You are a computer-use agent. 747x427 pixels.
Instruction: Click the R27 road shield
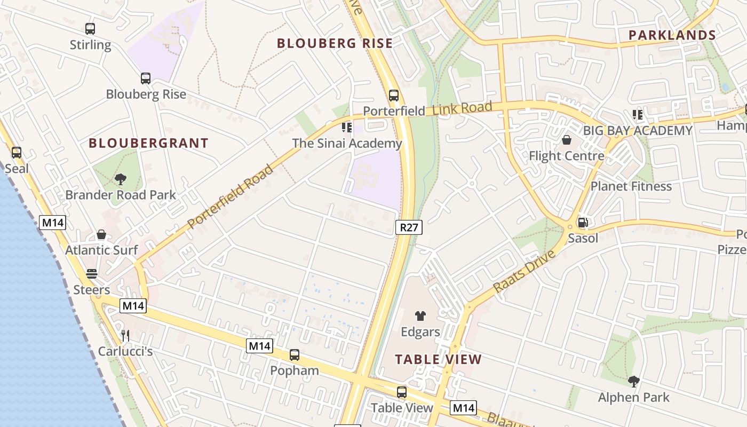(x=409, y=227)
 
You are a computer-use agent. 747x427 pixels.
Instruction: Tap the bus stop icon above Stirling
(x=90, y=29)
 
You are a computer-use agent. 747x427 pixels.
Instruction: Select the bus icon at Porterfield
(x=394, y=96)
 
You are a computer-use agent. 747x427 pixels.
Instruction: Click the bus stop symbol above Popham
(x=294, y=355)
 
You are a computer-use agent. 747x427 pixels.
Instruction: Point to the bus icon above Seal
(x=17, y=153)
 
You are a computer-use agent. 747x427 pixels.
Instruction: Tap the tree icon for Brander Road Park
(x=121, y=179)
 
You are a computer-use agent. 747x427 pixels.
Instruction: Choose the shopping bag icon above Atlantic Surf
(x=101, y=235)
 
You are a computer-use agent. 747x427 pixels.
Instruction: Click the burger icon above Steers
(x=92, y=274)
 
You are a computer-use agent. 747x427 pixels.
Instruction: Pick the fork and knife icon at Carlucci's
(x=125, y=335)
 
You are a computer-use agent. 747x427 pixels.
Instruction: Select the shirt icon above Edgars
(x=420, y=316)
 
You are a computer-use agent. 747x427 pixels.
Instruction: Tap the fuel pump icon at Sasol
(x=583, y=223)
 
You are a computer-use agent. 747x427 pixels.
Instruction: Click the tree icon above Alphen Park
(x=633, y=382)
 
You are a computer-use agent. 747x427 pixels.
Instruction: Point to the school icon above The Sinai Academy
(x=347, y=128)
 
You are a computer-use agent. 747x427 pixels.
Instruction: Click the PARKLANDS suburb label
(x=672, y=35)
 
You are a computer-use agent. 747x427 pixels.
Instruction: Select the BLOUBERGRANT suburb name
(x=148, y=143)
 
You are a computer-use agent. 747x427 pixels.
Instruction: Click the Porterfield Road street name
(x=231, y=196)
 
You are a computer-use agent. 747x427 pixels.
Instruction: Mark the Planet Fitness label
(x=631, y=186)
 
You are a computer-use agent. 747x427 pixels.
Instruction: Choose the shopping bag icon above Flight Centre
(x=566, y=140)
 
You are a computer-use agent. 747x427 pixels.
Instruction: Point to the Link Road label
(x=462, y=109)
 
